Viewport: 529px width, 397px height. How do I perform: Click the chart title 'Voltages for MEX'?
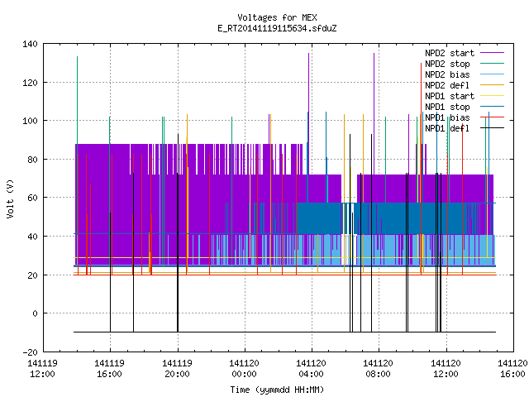tap(277, 17)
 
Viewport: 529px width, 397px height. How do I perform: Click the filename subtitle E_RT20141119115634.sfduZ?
tap(277, 28)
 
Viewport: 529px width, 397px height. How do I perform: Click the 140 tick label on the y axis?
tap(30, 44)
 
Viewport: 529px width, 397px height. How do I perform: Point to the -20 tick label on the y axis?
tap(30, 352)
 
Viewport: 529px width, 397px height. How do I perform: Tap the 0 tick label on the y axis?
tap(35, 313)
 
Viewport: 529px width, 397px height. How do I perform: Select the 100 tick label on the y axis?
tap(30, 121)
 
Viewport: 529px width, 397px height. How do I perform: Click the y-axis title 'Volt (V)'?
tap(10, 198)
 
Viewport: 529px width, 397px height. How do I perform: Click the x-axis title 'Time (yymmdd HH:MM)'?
tap(277, 390)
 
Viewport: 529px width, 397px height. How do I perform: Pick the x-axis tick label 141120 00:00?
tap(244, 369)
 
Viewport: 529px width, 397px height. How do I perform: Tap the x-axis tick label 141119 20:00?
tap(177, 369)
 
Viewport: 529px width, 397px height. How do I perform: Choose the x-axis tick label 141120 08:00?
tap(378, 369)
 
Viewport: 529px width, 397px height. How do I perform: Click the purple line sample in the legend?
tap(492, 53)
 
